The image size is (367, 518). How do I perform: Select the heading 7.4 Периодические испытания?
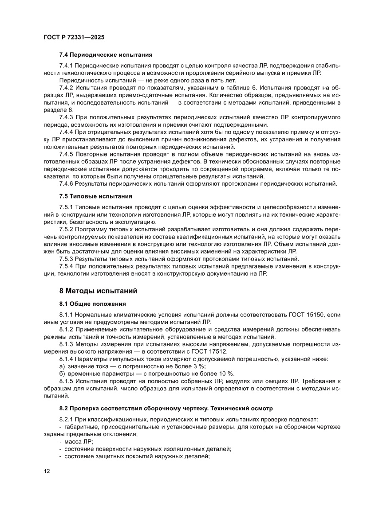pos(106,55)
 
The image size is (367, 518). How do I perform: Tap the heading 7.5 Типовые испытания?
pos(96,196)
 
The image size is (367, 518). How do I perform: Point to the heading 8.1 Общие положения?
pos(92,304)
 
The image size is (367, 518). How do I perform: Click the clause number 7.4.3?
pos(66,117)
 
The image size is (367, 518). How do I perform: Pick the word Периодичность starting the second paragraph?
pos(79,81)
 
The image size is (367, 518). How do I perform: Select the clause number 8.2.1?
pos(66,419)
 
